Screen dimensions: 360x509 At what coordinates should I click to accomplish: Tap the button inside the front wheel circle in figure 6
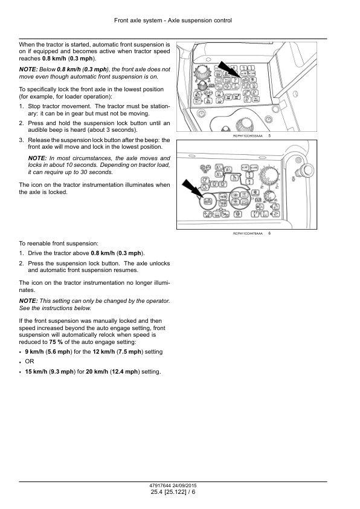click(x=207, y=202)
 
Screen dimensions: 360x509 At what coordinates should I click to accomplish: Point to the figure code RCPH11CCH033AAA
click(x=248, y=136)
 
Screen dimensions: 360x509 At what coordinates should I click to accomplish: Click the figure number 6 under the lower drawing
click(x=269, y=233)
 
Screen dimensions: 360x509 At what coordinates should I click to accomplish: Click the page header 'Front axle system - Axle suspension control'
click(x=173, y=21)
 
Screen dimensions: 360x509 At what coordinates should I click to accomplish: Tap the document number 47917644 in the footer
click(x=160, y=485)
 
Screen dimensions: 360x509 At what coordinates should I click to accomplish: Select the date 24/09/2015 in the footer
click(x=185, y=485)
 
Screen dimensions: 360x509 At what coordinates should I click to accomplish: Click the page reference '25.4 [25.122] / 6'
click(x=173, y=492)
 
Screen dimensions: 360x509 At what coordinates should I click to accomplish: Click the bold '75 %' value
click(x=56, y=342)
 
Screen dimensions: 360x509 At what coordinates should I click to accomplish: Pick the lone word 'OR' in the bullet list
click(x=30, y=361)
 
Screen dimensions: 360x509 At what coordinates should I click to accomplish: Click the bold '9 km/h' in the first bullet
click(x=34, y=352)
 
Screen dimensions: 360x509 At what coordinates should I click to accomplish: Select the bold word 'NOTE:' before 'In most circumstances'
click(x=37, y=158)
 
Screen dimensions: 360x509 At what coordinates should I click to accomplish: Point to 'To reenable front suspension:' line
click(x=59, y=244)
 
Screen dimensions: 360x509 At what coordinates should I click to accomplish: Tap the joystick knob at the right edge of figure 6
click(x=306, y=170)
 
